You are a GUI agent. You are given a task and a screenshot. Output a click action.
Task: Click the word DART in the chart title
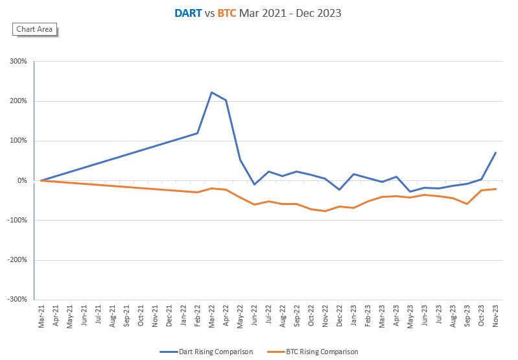188,12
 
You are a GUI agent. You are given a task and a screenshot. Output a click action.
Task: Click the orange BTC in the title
226,12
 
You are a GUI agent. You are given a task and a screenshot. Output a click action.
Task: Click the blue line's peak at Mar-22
211,92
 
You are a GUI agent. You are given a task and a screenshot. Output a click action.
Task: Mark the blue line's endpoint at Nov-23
496,152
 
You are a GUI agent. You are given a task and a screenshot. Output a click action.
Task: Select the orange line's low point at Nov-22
325,211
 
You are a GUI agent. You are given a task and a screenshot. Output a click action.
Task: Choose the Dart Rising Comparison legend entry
206,352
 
